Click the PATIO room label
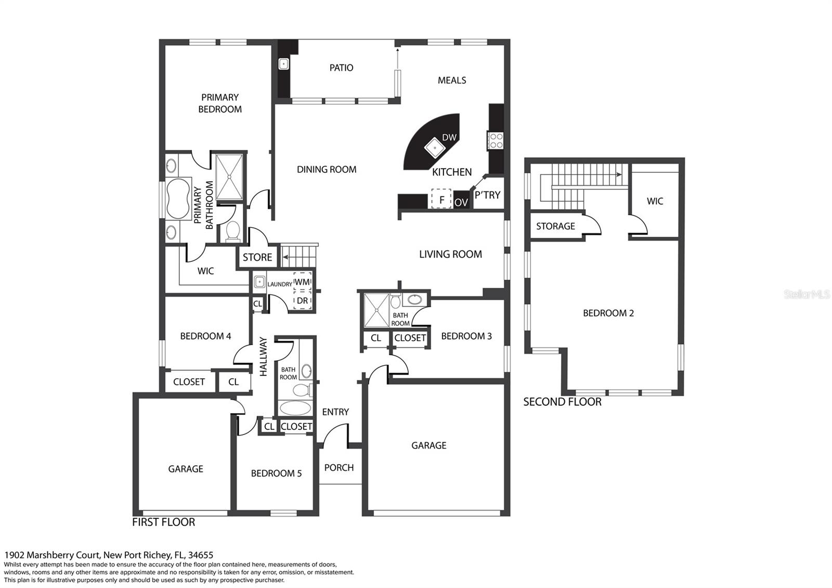[341, 68]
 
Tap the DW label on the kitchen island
[449, 137]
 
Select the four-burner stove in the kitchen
[496, 141]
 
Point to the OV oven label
[461, 202]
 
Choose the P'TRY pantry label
[487, 195]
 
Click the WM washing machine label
[302, 282]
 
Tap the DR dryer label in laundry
[302, 300]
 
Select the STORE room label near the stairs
[257, 257]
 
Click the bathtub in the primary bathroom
[178, 199]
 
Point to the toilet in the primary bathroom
[233, 231]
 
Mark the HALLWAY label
[263, 356]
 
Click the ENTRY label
[335, 412]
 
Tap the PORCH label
[339, 468]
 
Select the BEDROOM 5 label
[276, 473]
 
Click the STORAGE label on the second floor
[556, 226]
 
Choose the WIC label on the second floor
[655, 201]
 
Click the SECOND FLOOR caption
[562, 402]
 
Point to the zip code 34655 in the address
[201, 555]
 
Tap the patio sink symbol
[284, 64]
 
